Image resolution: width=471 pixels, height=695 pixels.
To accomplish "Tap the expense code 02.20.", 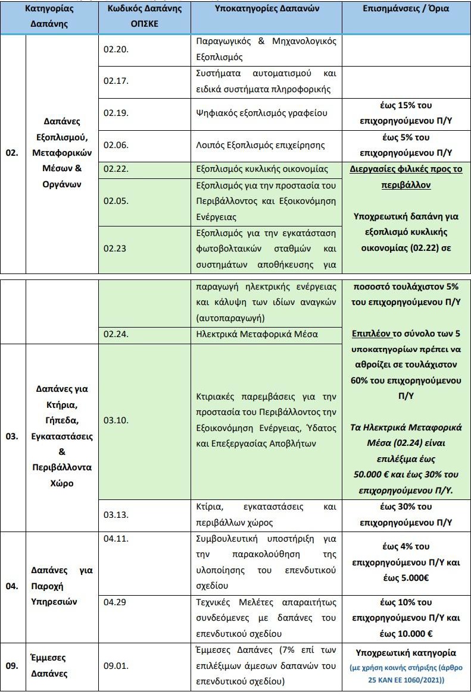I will coord(115,49).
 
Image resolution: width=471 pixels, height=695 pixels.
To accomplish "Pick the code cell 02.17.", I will coord(115,81).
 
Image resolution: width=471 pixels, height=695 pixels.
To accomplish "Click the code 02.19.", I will coord(115,113).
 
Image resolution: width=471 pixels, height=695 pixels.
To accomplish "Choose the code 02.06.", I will coord(115,144).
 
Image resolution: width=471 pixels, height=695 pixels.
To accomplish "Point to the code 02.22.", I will coord(115,169).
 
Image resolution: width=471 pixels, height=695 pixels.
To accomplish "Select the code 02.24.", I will coord(115,334).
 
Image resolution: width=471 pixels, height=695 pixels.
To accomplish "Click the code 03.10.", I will coord(115,420).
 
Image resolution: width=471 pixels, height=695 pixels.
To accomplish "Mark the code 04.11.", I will coord(115,538).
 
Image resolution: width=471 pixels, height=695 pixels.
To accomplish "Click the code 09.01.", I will coord(115,666).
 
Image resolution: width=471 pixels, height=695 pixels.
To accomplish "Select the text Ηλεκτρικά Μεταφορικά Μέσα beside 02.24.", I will coord(257,334).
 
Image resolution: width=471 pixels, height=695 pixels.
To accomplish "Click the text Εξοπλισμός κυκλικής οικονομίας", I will coord(266,169).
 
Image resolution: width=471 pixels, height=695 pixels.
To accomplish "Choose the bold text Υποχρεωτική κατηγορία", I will coord(406,652).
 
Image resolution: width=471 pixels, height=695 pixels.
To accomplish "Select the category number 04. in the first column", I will coord(12,586).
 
